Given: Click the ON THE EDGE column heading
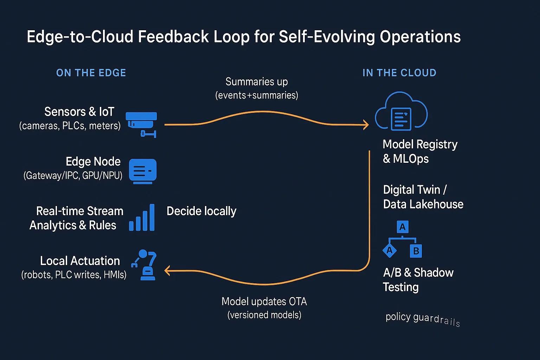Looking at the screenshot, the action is click(x=91, y=73).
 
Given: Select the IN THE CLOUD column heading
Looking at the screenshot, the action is click(x=399, y=73).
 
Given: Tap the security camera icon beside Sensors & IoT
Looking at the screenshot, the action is click(x=142, y=125).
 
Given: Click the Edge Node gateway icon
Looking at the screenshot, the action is click(x=143, y=171).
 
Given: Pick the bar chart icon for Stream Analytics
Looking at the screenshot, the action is click(x=142, y=218).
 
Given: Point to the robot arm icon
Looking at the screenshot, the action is click(x=144, y=265).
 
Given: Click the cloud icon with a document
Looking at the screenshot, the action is click(x=401, y=111).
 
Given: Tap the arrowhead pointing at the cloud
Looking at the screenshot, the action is click(x=366, y=125).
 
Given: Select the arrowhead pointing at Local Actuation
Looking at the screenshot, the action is click(x=167, y=271).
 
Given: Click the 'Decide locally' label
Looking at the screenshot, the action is click(x=201, y=211).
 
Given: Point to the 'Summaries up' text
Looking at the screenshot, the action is click(x=257, y=82).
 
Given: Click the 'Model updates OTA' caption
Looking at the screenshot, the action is click(x=264, y=301).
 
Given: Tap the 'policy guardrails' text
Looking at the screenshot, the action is click(x=423, y=319).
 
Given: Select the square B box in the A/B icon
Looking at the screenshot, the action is click(x=416, y=251).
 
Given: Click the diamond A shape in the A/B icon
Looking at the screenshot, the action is click(x=390, y=251).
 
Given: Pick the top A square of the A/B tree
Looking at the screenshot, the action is click(x=403, y=227).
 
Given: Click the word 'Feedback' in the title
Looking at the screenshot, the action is click(x=173, y=37).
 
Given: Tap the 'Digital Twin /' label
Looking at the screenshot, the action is click(x=415, y=189).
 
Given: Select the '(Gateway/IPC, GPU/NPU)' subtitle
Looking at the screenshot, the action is click(x=73, y=175).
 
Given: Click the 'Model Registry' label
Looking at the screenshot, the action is click(x=420, y=144).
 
